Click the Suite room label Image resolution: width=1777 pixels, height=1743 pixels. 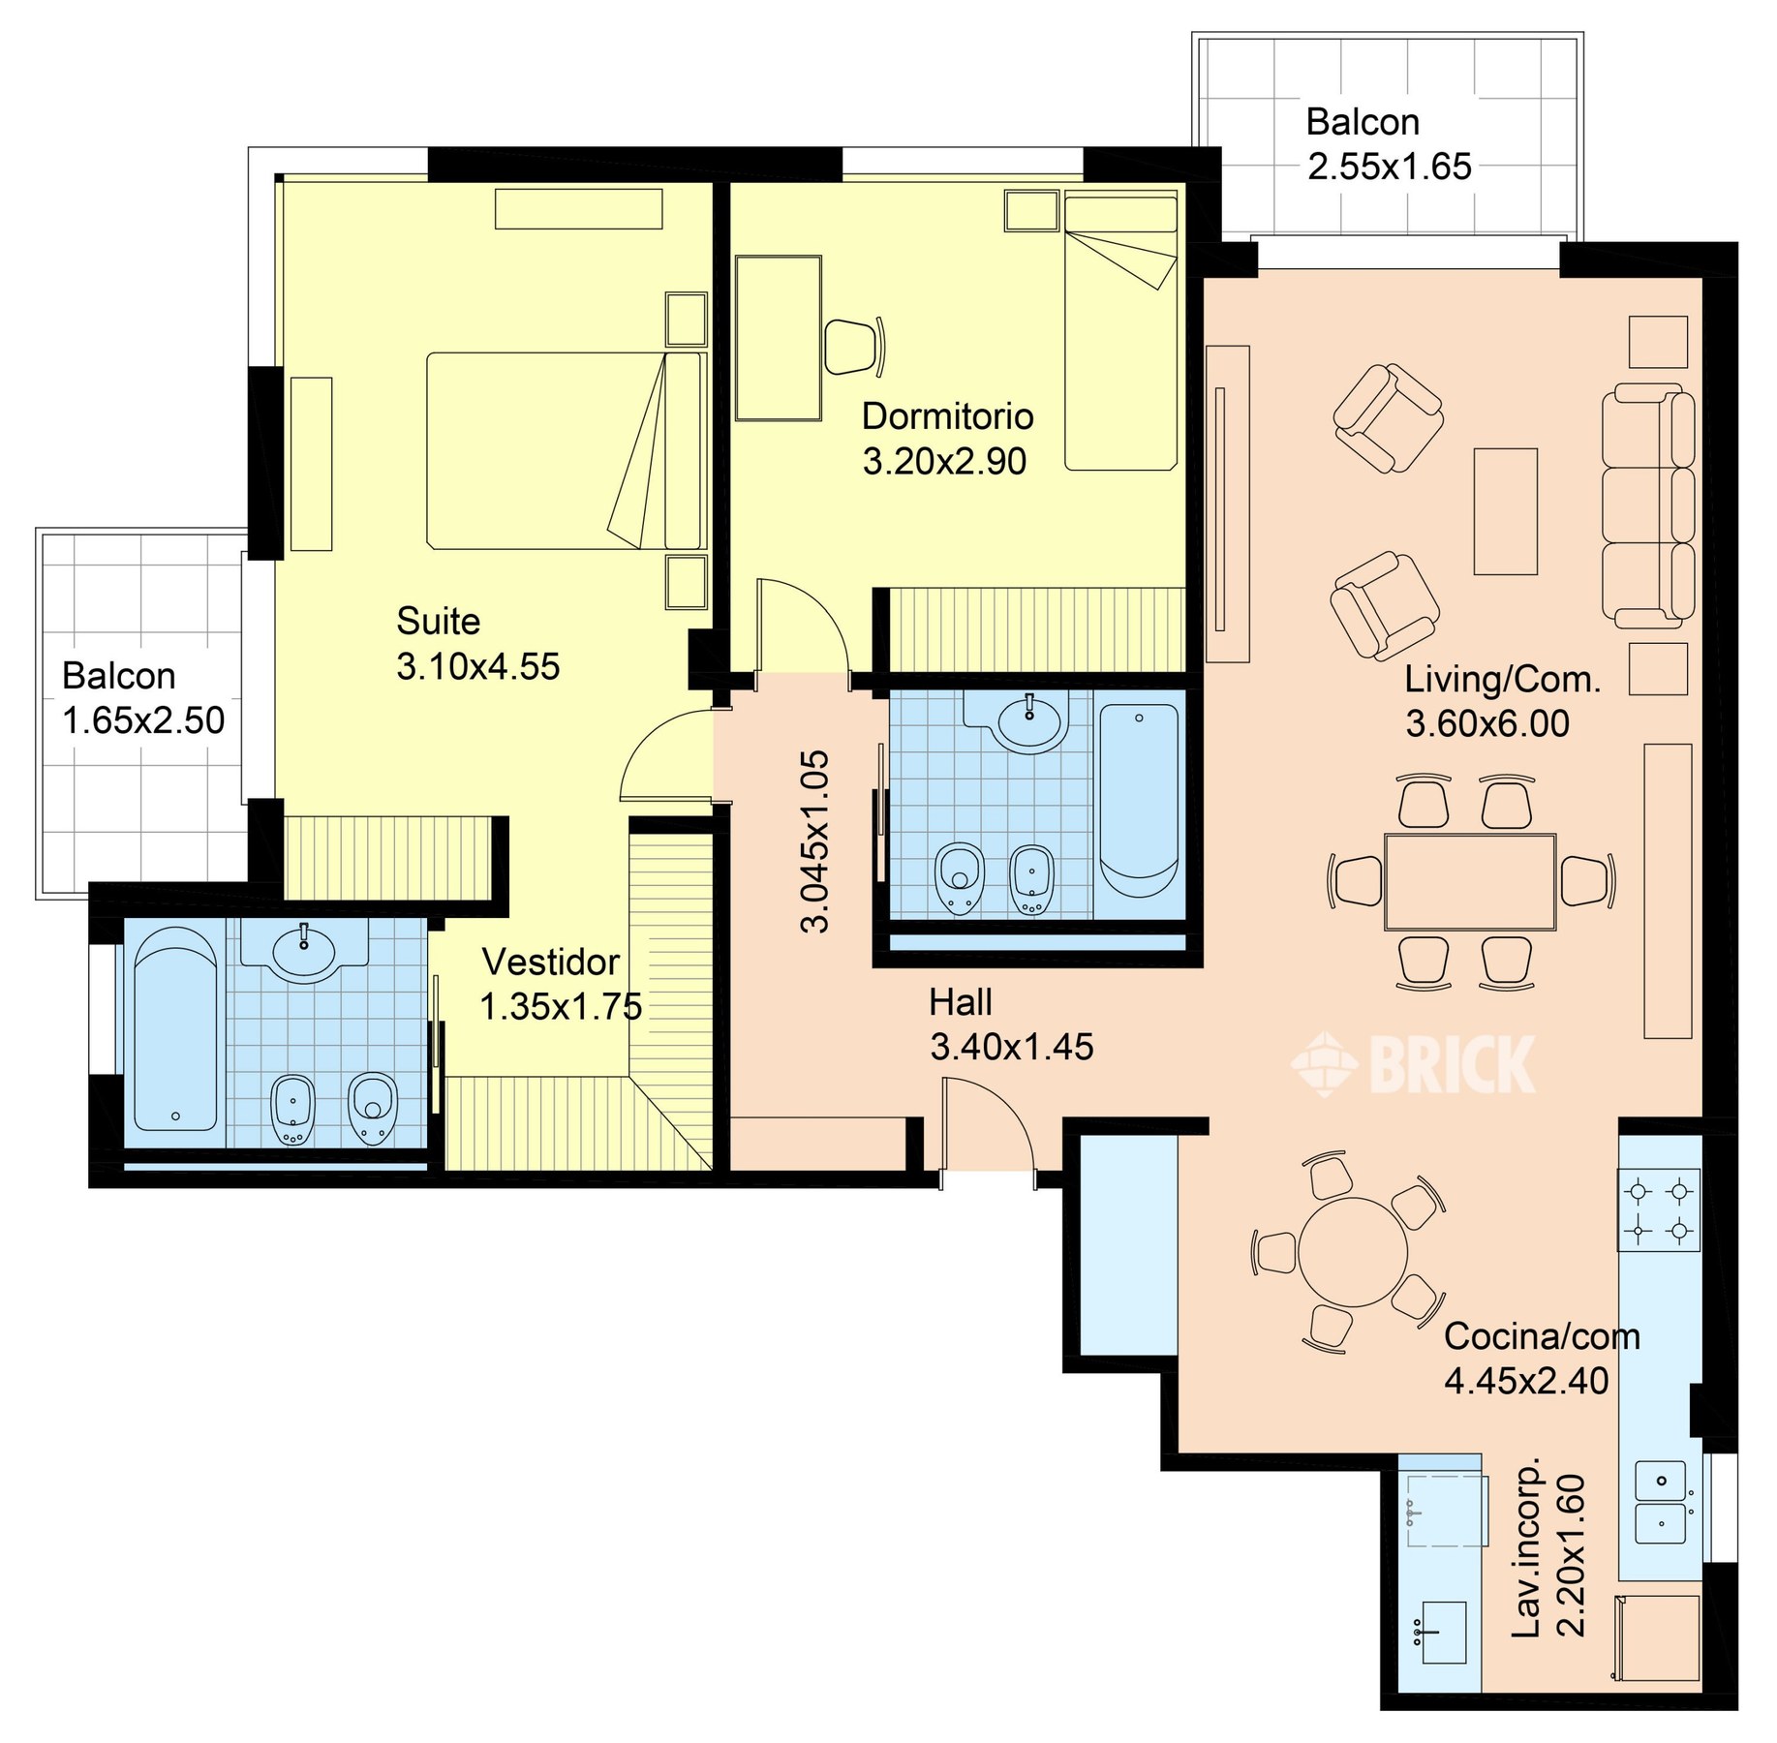[438, 621]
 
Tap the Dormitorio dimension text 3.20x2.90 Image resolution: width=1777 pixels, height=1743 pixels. [944, 461]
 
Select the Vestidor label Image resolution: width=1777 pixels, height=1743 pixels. [550, 962]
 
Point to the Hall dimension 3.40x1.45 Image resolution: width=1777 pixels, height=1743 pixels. [1012, 1047]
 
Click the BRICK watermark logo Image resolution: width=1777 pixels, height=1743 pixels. [1413, 1064]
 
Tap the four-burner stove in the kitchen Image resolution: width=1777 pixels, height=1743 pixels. [1659, 1210]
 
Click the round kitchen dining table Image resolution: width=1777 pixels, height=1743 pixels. [1353, 1253]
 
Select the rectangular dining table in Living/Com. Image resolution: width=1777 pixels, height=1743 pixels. [1470, 882]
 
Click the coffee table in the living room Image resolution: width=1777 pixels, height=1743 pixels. [1506, 511]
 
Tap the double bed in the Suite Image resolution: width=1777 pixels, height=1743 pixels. [565, 451]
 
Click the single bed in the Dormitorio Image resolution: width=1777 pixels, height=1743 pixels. [1121, 330]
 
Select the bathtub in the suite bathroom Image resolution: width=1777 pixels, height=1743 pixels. [175, 1029]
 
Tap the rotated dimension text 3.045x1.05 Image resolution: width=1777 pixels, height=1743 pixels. [815, 841]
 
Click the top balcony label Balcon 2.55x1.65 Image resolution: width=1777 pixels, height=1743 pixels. [1389, 144]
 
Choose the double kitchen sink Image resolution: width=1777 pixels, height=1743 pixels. [1661, 1502]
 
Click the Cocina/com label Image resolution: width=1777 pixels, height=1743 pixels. [1542, 1336]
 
